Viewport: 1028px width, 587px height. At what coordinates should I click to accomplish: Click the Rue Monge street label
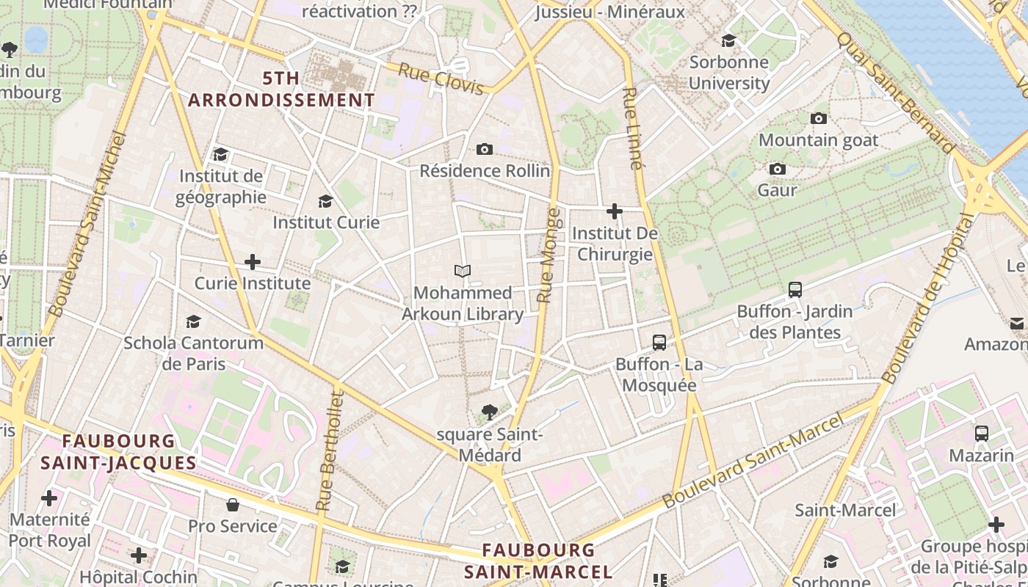click(x=549, y=255)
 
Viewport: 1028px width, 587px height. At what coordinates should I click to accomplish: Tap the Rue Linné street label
click(x=632, y=128)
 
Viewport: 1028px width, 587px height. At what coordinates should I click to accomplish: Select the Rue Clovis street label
click(x=441, y=79)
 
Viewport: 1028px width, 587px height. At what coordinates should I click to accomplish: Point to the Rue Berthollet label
click(x=330, y=451)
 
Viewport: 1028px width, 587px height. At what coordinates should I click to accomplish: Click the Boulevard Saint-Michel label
click(x=87, y=224)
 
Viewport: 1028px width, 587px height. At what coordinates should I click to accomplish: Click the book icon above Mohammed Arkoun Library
click(x=462, y=271)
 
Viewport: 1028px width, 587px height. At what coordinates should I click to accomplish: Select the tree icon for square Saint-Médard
click(x=489, y=412)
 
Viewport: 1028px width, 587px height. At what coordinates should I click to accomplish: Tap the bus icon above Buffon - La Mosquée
click(x=659, y=343)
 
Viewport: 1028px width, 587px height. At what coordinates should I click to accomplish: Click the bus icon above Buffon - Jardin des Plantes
click(x=794, y=290)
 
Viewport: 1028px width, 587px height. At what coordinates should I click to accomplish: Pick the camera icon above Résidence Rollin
click(x=484, y=150)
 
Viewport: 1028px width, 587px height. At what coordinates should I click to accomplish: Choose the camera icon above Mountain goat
click(x=818, y=119)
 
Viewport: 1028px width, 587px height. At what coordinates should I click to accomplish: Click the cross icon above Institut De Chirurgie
click(x=615, y=212)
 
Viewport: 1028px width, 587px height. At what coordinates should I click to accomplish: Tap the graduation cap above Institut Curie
click(x=325, y=201)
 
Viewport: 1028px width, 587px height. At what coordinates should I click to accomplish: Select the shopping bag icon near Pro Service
click(x=233, y=505)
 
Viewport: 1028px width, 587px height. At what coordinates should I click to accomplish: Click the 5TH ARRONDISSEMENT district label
click(x=281, y=89)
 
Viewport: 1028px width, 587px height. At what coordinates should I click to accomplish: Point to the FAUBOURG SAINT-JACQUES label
click(x=118, y=452)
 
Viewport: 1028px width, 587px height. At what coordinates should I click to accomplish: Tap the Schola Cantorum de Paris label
click(x=193, y=353)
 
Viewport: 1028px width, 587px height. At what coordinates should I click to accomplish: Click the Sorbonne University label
click(x=728, y=72)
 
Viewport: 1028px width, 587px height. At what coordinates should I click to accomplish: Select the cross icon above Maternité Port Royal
click(x=49, y=499)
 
